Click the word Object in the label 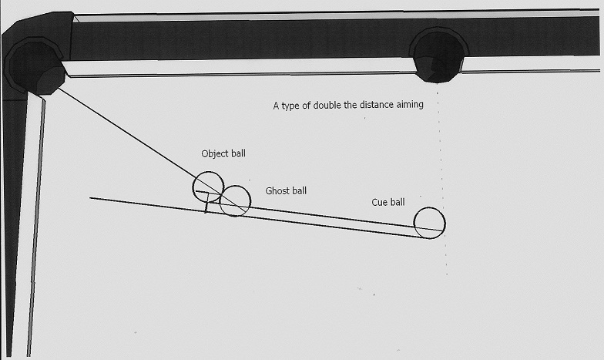tap(214, 154)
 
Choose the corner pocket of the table tap(35, 69)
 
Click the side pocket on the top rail tap(438, 56)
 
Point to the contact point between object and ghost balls tap(222, 194)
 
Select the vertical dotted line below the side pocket tap(442, 183)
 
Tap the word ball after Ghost tap(300, 191)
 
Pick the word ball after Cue tap(398, 202)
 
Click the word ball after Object tap(238, 154)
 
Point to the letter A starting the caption tap(276, 106)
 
